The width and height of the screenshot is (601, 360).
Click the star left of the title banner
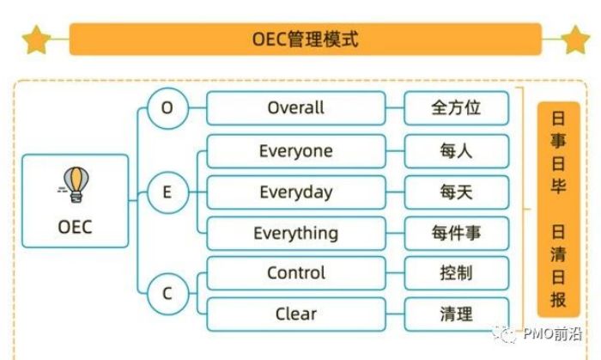36,40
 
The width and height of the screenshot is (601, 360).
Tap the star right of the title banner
575,40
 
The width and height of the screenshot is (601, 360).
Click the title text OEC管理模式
305,40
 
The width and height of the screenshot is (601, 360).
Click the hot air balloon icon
75,185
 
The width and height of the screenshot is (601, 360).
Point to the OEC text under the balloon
76,227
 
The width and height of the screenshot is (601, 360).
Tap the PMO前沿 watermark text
553,334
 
